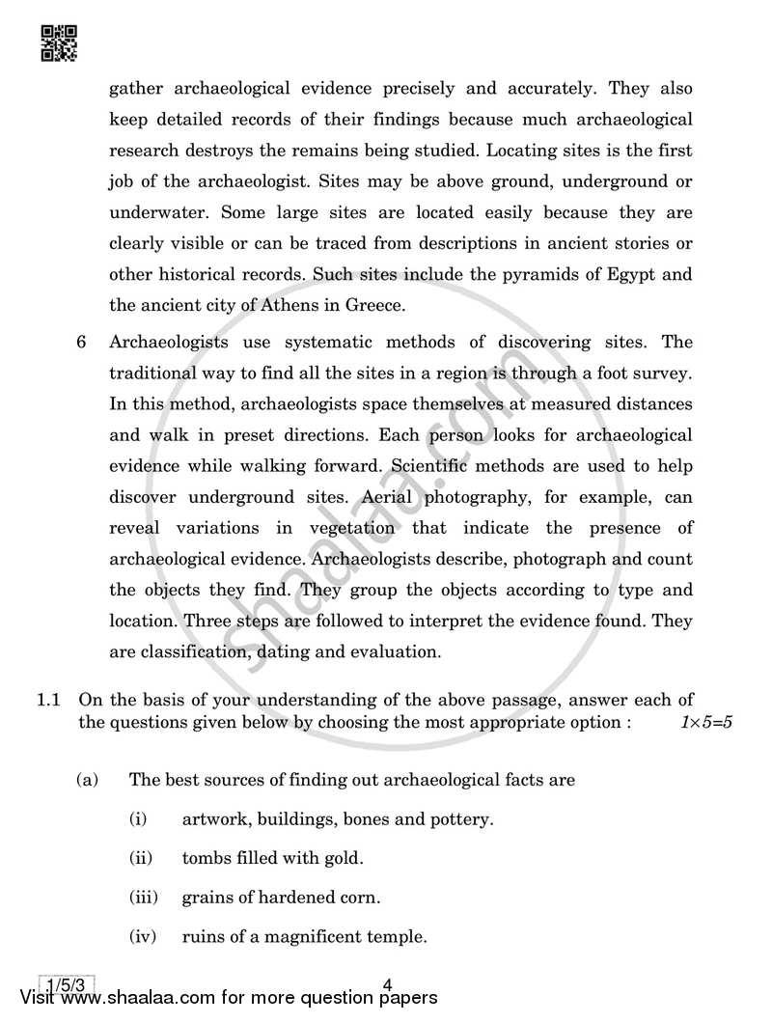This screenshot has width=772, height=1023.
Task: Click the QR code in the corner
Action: pos(58,41)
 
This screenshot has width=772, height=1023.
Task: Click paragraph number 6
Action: pos(83,343)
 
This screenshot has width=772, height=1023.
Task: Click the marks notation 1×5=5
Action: pos(707,722)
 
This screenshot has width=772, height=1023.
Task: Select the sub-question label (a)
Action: pos(88,780)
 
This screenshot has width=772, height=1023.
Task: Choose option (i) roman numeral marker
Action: pos(138,819)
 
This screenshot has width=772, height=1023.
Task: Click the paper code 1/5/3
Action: pos(66,984)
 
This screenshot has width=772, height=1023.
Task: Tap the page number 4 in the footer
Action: pos(386,984)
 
